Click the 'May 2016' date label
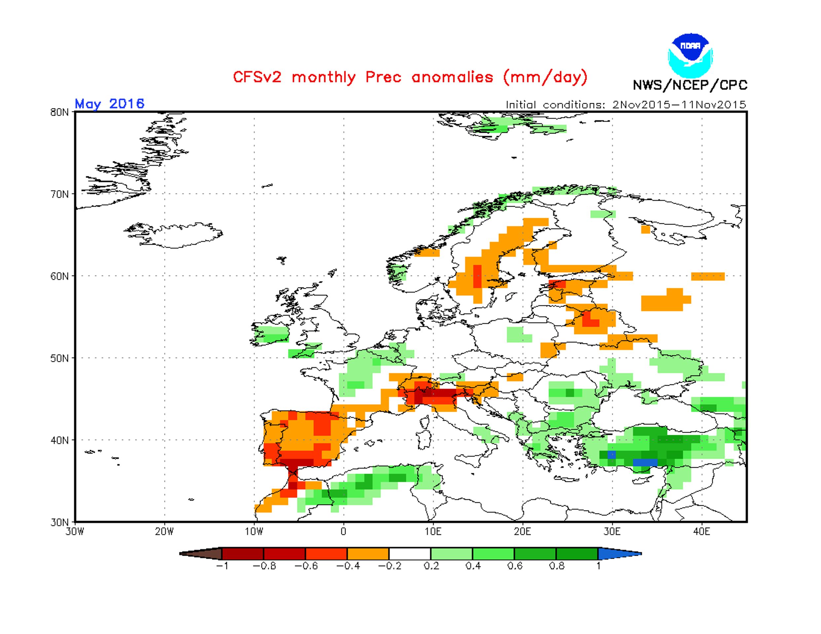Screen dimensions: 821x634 109,104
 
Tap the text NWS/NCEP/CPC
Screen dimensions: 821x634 690,85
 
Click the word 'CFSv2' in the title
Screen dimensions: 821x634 257,77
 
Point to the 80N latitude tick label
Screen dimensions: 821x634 59,112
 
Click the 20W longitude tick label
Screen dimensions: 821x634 164,532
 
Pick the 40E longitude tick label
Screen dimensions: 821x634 701,532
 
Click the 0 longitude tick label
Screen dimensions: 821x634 343,532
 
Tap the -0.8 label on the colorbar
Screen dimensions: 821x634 264,566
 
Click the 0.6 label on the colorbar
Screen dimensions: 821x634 515,566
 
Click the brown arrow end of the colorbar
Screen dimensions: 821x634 201,553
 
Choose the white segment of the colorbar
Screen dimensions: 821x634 410,553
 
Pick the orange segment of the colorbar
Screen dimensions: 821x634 368,553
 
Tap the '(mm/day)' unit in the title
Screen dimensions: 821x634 545,77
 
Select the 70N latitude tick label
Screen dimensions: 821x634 59,194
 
